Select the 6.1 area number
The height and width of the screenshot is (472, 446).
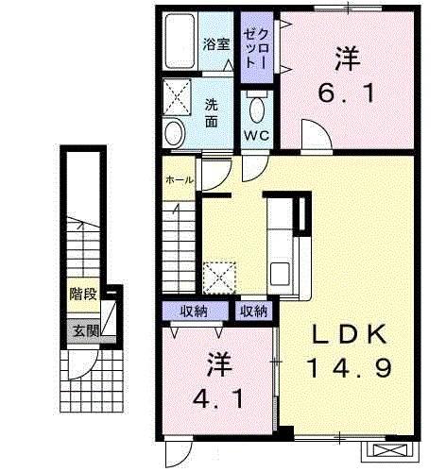pyautogui.click(x=346, y=93)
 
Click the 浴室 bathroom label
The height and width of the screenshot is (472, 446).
pyautogui.click(x=216, y=42)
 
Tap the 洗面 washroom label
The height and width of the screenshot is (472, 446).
pyautogui.click(x=214, y=112)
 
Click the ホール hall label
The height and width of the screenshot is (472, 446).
pyautogui.click(x=180, y=180)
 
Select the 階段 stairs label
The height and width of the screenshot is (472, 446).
pyautogui.click(x=82, y=295)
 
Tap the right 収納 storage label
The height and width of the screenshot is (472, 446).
pyautogui.click(x=252, y=311)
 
